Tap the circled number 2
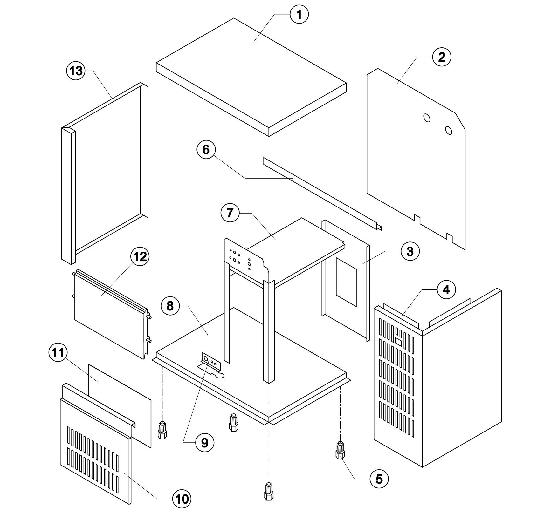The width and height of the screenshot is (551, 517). tap(442, 57)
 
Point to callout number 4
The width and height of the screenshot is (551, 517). tap(446, 290)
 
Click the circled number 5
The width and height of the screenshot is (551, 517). tap(379, 479)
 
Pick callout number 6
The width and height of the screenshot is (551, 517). tap(206, 149)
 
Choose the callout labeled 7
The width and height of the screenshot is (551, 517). tap(230, 213)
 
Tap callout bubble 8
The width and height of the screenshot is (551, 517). tap(170, 306)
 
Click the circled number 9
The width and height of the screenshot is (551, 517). tap(204, 442)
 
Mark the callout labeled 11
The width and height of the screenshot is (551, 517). tap(58, 353)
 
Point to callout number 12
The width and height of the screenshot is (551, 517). tap(140, 256)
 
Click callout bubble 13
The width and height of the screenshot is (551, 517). tap(76, 71)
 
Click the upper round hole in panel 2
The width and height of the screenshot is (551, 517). tap(427, 118)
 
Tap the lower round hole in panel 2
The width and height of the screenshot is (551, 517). tap(449, 130)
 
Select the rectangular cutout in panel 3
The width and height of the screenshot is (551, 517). tap(347, 282)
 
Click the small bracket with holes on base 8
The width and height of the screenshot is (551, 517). tap(211, 362)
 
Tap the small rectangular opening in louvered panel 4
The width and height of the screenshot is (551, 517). tap(398, 341)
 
